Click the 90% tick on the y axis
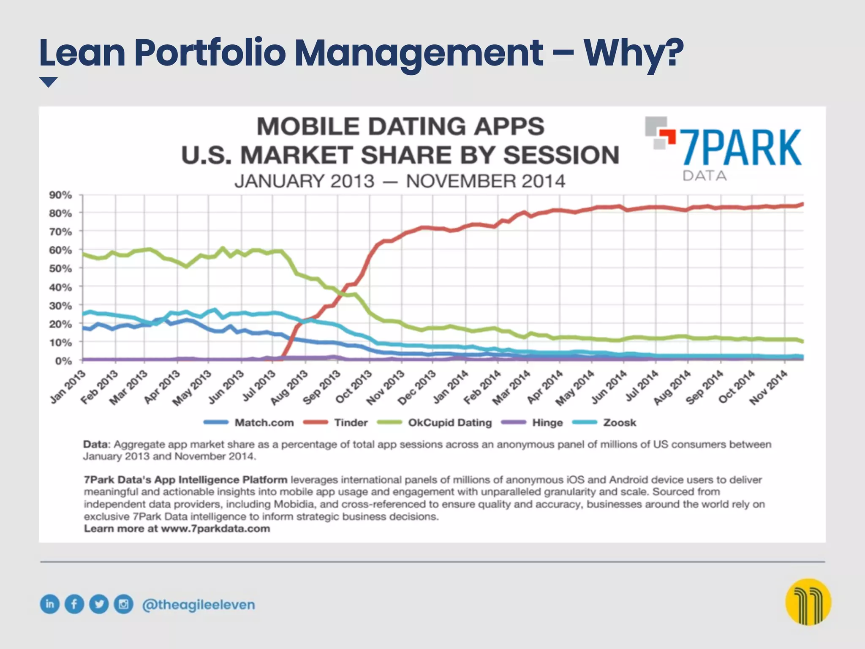(x=60, y=195)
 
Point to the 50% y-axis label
(x=60, y=269)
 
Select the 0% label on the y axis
(x=63, y=361)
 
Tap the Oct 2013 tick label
(x=354, y=386)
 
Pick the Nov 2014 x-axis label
(x=769, y=387)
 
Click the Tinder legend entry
(x=351, y=423)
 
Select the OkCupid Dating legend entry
(x=449, y=423)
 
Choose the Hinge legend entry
(x=547, y=423)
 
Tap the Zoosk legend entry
(x=619, y=423)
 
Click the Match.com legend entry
(x=264, y=423)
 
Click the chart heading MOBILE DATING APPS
(x=400, y=126)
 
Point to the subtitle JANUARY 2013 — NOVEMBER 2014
(x=400, y=181)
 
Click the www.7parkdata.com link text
(x=215, y=529)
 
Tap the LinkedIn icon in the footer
(x=50, y=604)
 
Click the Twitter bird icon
(x=99, y=604)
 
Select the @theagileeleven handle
(x=199, y=605)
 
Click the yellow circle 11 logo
(x=808, y=602)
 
